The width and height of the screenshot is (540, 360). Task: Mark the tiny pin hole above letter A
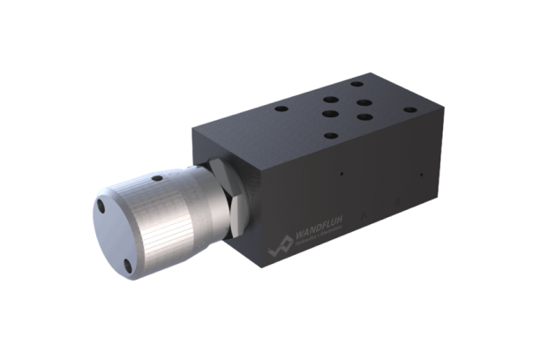tap(341, 175)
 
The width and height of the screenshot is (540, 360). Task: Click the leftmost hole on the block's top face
tap(281, 110)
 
